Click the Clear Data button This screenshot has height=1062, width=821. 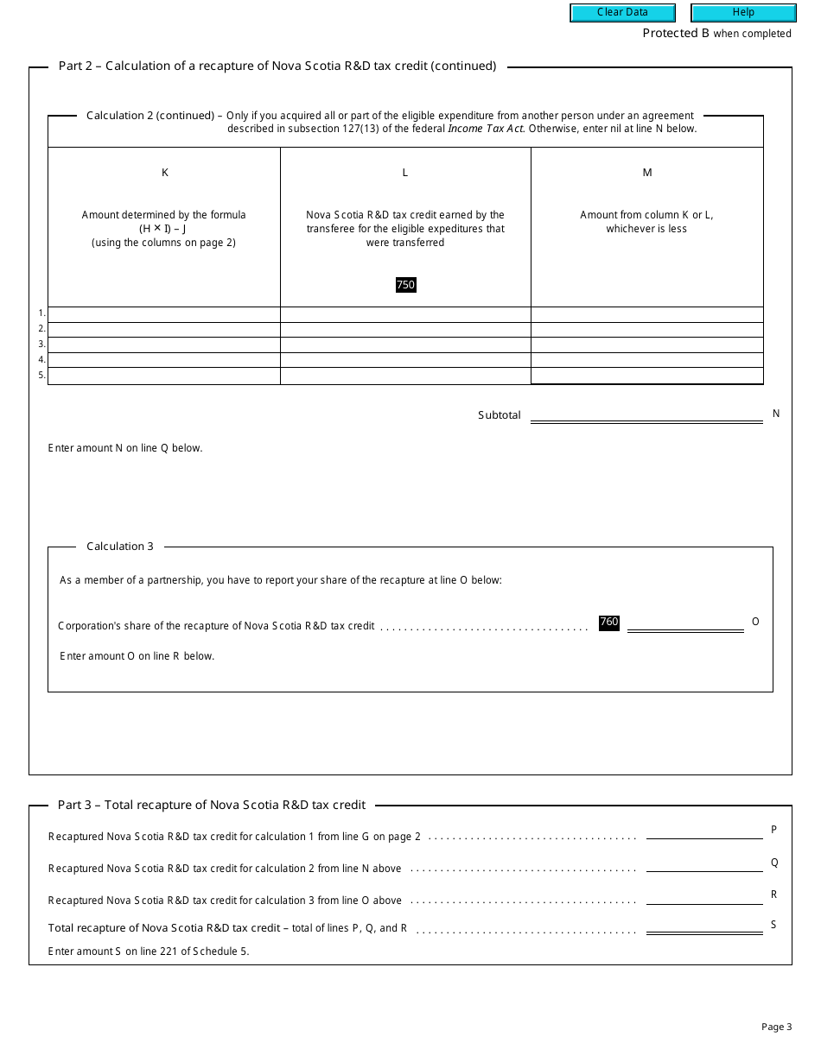point(622,13)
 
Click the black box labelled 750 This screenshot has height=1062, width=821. point(405,285)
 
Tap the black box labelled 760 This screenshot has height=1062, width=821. point(609,623)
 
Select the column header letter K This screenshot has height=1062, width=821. point(165,173)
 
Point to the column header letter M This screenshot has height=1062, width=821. point(647,173)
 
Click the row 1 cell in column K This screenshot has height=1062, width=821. point(164,314)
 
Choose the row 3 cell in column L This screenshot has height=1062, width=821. point(405,345)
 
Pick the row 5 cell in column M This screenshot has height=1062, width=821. point(647,376)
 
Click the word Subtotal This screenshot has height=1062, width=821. point(500,415)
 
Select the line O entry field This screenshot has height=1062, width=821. point(685,623)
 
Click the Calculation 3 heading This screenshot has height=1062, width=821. point(120,547)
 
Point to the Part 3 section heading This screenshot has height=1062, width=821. point(212,805)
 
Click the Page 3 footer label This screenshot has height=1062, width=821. point(776,1027)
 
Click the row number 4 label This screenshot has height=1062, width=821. point(41,360)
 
